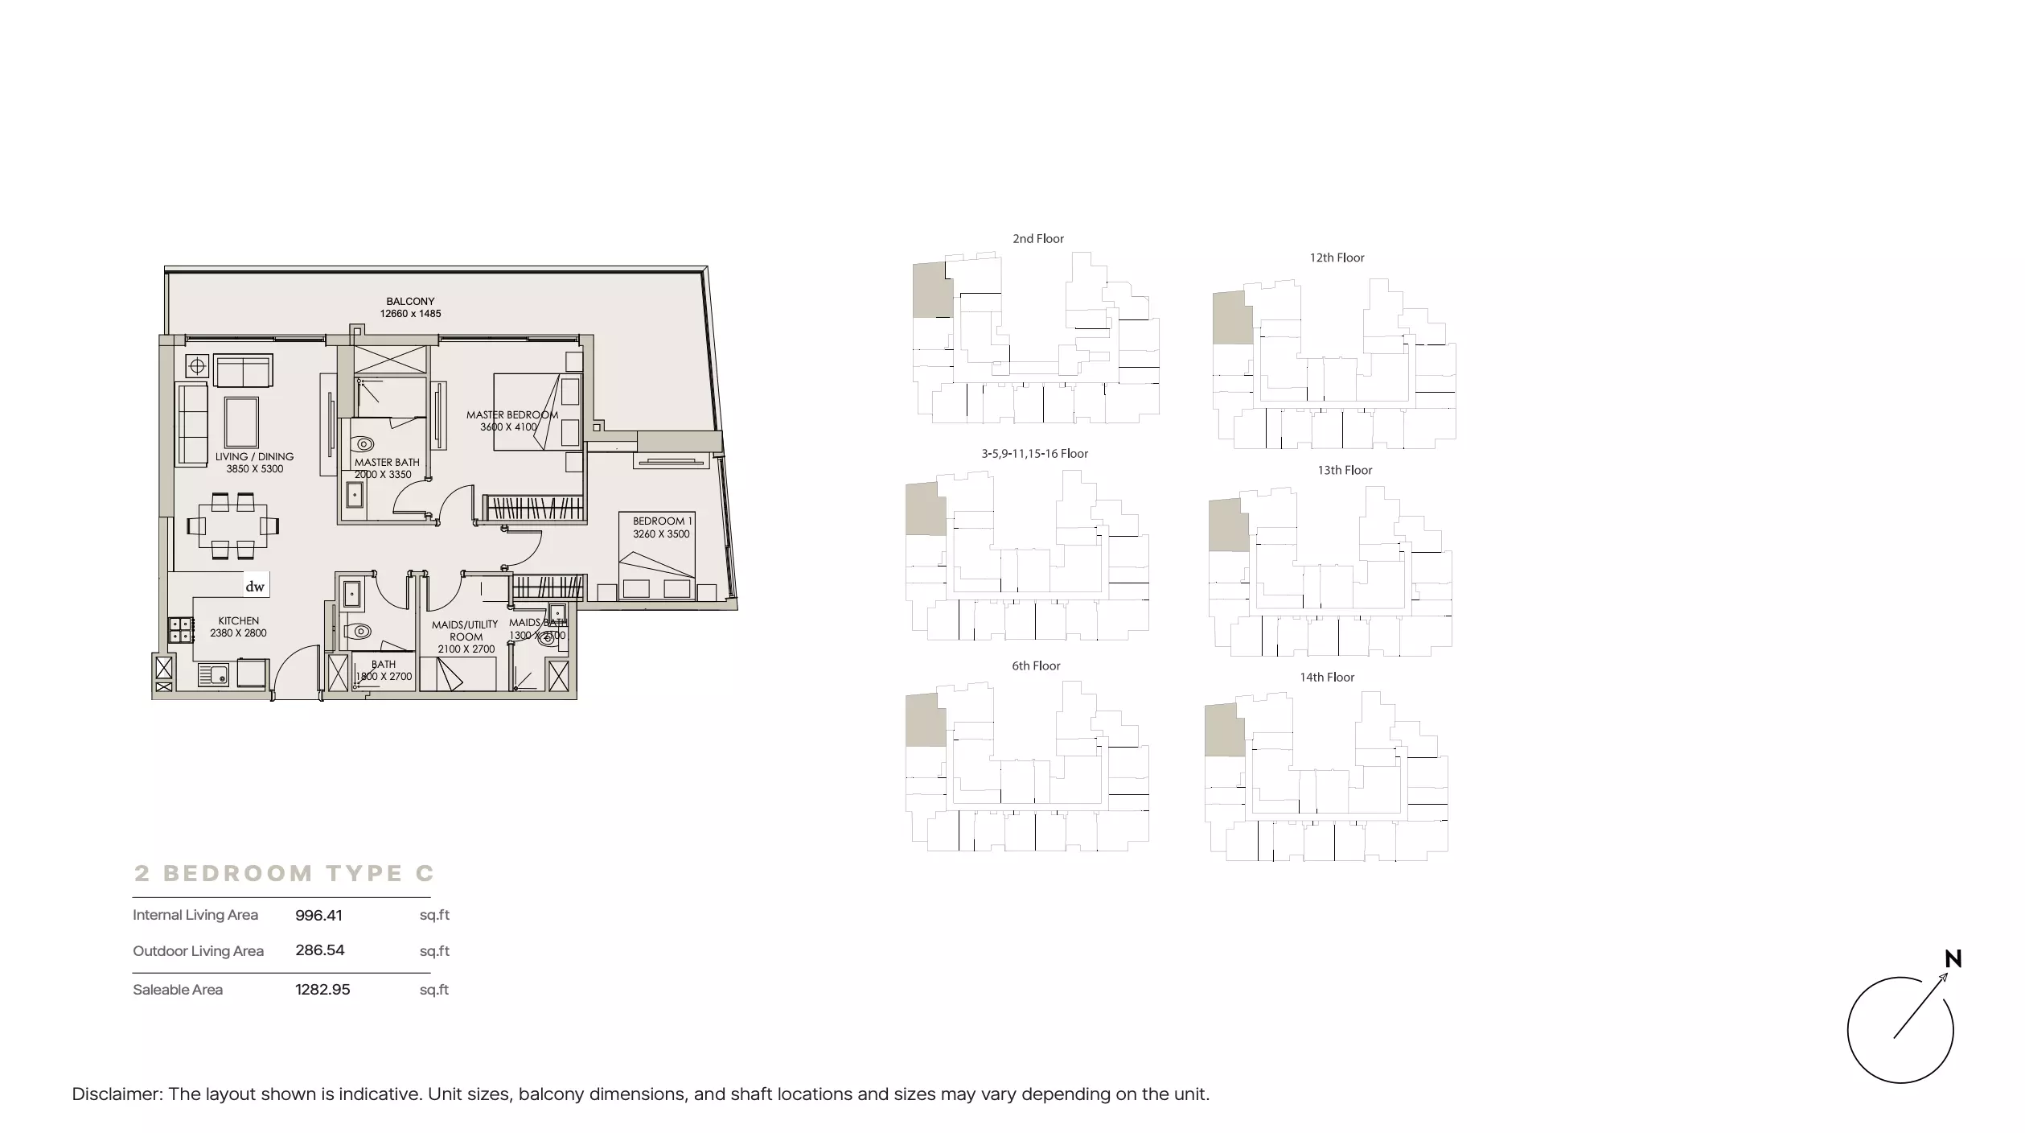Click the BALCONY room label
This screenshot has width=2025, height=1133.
tap(410, 302)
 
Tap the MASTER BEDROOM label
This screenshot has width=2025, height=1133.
tap(512, 415)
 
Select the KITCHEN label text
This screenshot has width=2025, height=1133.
tap(239, 621)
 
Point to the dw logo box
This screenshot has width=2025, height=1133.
tap(255, 586)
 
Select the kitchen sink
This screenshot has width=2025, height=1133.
tap(213, 674)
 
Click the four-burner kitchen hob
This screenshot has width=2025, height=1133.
tap(180, 630)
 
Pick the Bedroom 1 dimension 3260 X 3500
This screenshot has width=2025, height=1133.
tap(661, 534)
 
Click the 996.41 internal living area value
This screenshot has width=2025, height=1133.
tap(318, 915)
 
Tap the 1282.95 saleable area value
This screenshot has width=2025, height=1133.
tap(322, 990)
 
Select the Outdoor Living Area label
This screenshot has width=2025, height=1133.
tap(198, 951)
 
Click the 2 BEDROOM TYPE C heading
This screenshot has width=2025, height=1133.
tap(284, 873)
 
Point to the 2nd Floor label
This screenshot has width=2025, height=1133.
tap(1038, 239)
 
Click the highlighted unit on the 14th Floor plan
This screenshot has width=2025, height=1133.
tap(1224, 730)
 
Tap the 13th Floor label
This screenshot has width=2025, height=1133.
tap(1345, 471)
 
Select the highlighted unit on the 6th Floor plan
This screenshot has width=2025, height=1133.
tap(926, 719)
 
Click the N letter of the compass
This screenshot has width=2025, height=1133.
tap(1953, 959)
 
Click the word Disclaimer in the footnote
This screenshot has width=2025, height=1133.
tap(117, 1094)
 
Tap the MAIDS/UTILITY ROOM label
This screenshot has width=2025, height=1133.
tap(466, 631)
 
